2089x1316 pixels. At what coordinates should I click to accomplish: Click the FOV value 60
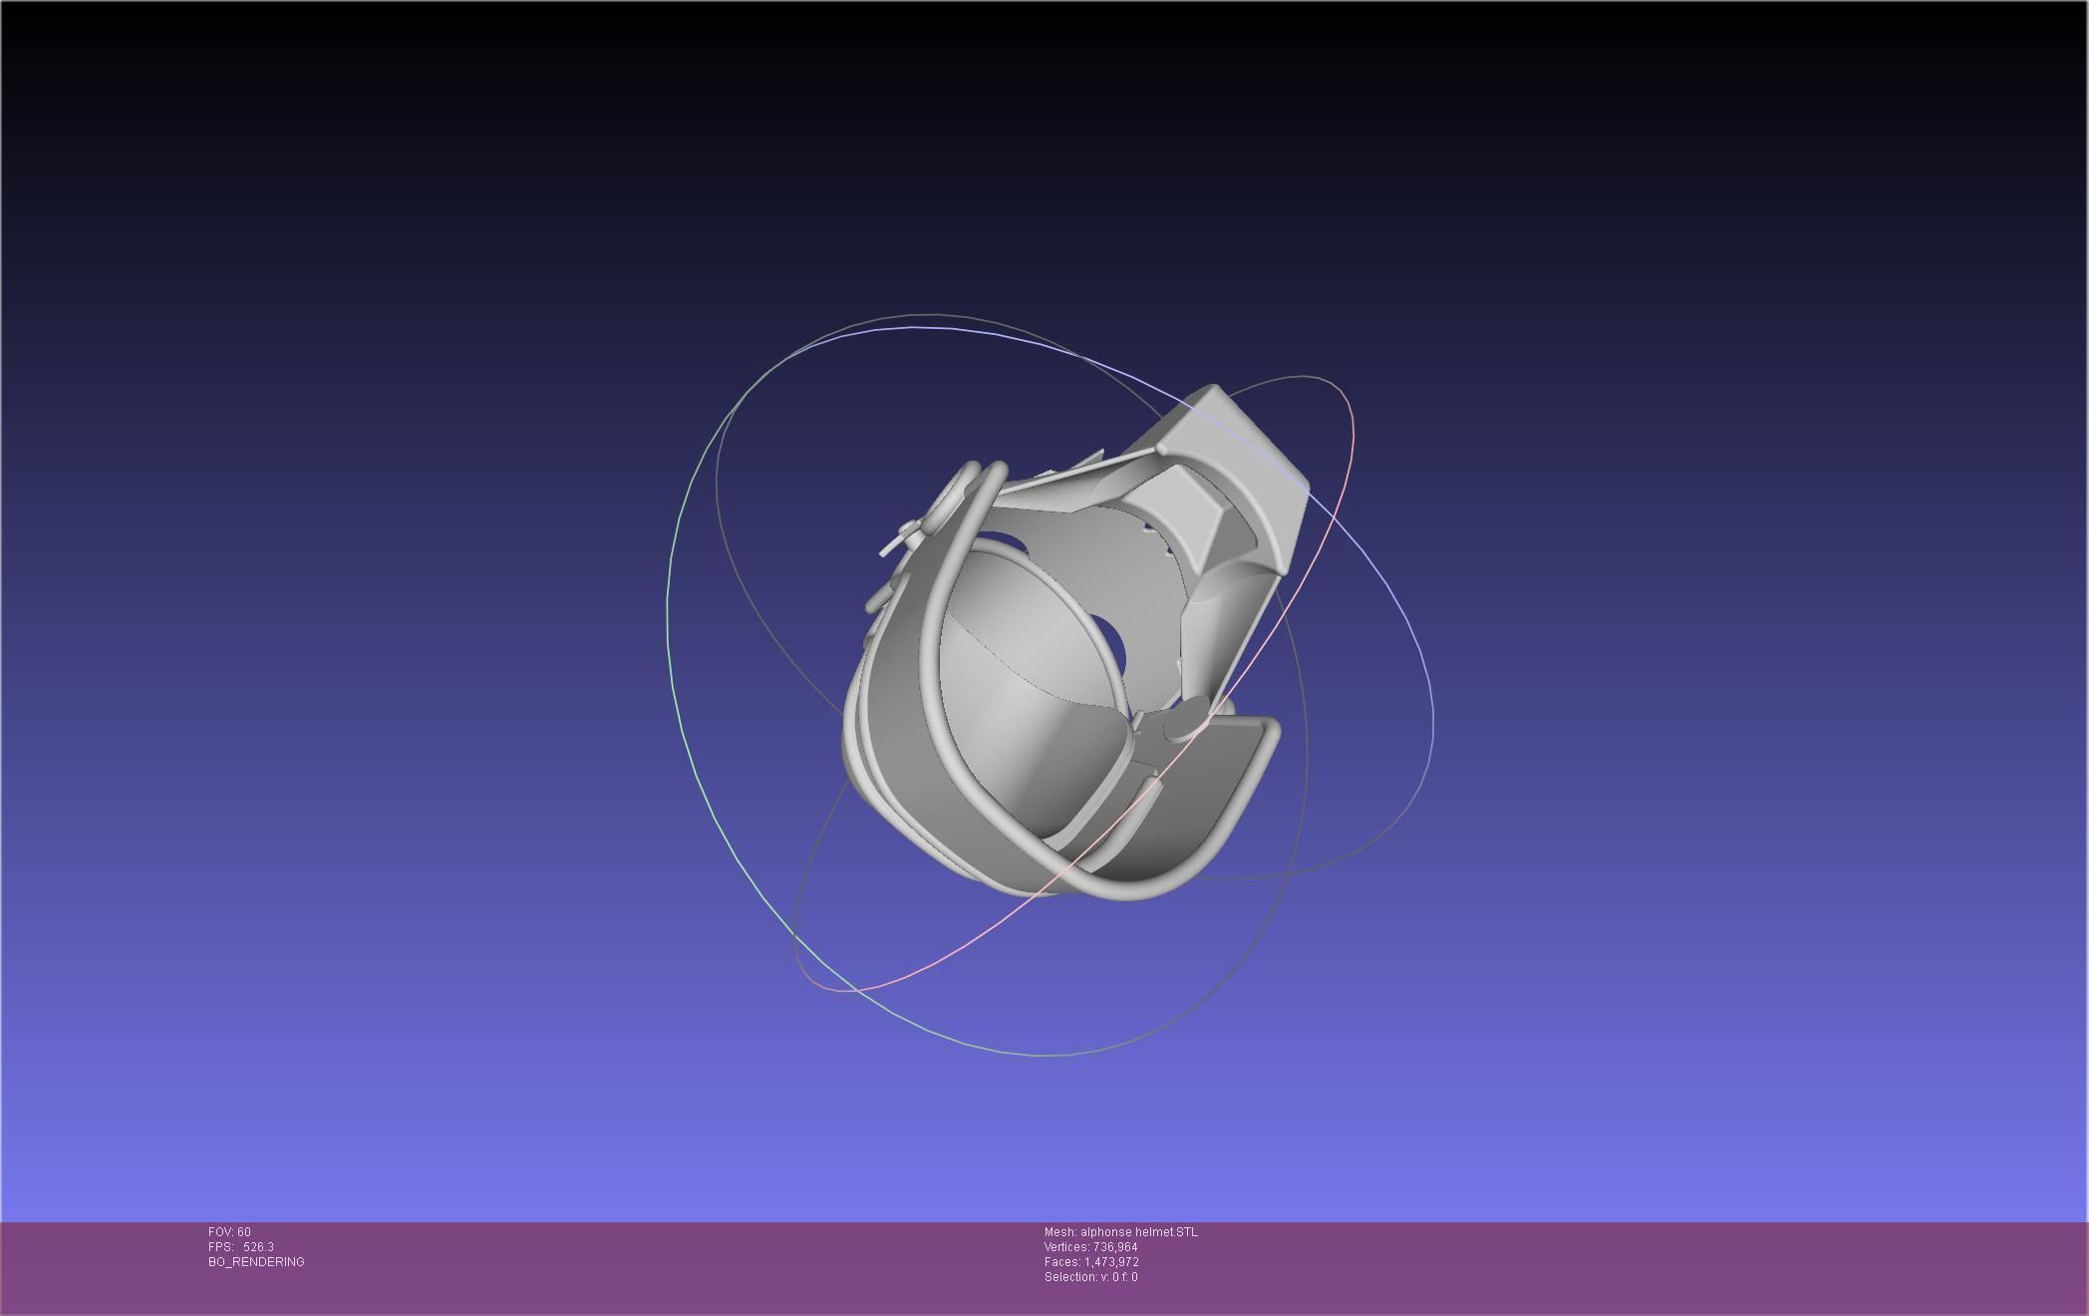click(244, 1232)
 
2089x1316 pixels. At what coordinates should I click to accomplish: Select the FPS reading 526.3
click(258, 1247)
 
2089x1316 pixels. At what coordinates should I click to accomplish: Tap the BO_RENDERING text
click(256, 1262)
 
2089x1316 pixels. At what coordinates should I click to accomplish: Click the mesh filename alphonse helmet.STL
click(1139, 1232)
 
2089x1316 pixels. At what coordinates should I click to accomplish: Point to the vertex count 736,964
click(1114, 1247)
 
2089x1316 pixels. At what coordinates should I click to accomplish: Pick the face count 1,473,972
click(1111, 1262)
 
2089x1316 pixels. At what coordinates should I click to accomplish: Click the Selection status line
click(1090, 1277)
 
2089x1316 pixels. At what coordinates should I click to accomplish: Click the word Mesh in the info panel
click(1058, 1232)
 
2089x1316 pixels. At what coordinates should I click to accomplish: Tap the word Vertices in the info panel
click(1065, 1247)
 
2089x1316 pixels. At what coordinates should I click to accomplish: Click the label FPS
click(219, 1247)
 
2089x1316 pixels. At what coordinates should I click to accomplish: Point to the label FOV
click(220, 1232)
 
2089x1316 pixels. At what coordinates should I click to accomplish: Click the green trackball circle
click(669, 618)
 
